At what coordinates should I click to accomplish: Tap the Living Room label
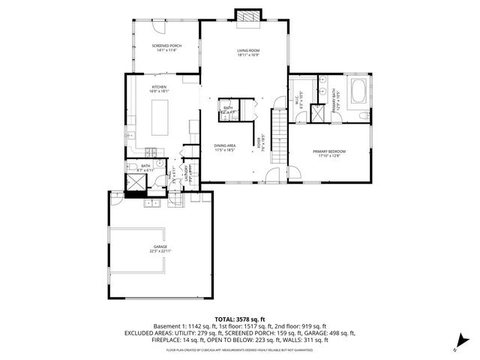point(247,50)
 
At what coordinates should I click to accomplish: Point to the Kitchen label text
point(159,87)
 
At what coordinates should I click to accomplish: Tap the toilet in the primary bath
point(362,115)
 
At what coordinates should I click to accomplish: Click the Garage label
point(160,246)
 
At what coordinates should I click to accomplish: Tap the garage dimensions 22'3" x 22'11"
point(160,251)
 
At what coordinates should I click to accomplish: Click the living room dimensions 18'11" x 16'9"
point(247,55)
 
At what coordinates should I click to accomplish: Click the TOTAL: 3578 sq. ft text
point(240,319)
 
